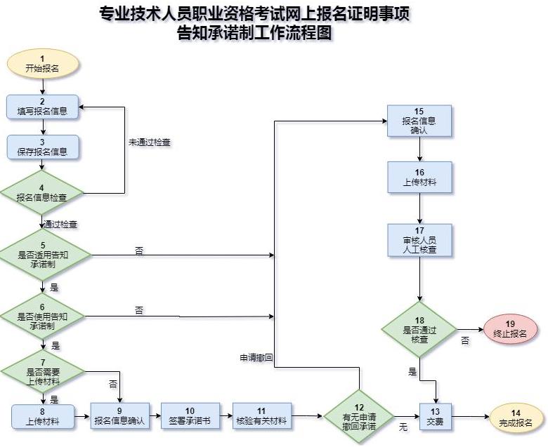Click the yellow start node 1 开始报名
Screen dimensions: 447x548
coord(43,64)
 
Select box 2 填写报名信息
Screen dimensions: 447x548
coord(43,106)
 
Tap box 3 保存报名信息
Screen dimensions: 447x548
coord(43,147)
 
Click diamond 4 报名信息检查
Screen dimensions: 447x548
coord(42,192)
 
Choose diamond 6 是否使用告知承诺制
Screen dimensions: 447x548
coord(43,316)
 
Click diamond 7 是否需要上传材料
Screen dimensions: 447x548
coord(43,371)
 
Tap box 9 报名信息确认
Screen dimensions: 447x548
coord(119,417)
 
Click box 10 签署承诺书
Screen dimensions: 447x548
coord(190,417)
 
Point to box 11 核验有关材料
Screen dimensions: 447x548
coord(261,417)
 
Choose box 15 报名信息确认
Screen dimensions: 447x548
coord(419,121)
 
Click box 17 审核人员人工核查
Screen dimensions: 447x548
coord(419,240)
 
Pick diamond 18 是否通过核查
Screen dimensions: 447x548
coord(419,329)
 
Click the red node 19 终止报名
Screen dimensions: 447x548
coord(510,328)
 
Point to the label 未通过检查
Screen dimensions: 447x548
coord(149,142)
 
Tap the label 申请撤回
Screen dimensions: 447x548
coord(256,358)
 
